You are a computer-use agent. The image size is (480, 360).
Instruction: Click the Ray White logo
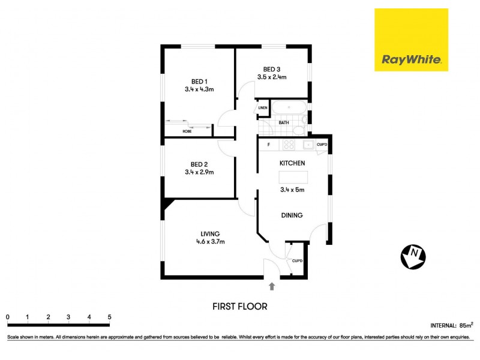(411, 40)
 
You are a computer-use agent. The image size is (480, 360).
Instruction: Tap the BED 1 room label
(199, 82)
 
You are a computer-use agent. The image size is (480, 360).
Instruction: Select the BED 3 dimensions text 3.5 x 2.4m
(272, 77)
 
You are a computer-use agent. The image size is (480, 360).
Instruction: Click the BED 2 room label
(199, 164)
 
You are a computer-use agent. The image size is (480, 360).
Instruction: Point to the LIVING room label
(210, 233)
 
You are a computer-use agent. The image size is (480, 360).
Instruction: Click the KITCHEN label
(292, 163)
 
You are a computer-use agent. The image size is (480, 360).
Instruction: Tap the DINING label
(292, 215)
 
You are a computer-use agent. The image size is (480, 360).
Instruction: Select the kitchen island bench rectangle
(293, 178)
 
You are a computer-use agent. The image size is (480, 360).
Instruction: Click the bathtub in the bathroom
(289, 109)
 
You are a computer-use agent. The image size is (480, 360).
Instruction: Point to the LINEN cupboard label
(263, 108)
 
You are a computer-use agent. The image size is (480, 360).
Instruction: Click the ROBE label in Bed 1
(187, 130)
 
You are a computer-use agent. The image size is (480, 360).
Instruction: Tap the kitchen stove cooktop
(289, 145)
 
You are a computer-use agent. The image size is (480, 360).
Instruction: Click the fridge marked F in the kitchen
(269, 145)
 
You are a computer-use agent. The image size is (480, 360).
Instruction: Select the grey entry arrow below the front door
(272, 286)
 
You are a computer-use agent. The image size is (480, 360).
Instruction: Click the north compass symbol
(413, 257)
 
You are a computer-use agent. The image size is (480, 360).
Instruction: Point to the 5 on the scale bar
(109, 317)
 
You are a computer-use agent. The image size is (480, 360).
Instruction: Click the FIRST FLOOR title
(240, 306)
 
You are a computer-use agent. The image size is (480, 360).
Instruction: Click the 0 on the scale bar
(8, 317)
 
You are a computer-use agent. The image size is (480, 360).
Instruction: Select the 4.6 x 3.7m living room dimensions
(210, 242)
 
